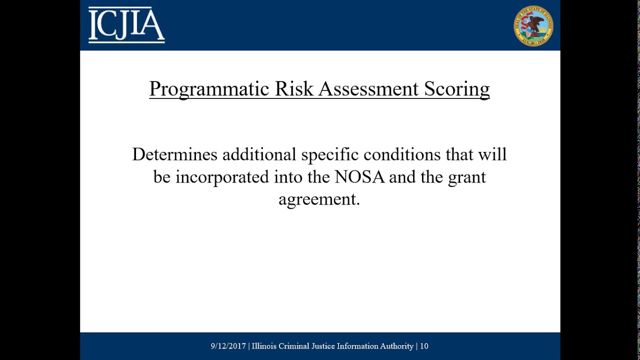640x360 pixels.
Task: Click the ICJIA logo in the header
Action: [x=126, y=25]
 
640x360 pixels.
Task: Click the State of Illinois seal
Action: [x=533, y=26]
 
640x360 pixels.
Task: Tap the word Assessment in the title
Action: [x=368, y=88]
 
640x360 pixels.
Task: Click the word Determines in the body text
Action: [x=174, y=154]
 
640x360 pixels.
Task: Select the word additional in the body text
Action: [x=259, y=154]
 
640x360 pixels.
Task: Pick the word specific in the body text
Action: [x=329, y=154]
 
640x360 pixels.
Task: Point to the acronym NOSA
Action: [x=359, y=177]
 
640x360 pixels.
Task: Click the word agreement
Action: [x=318, y=199]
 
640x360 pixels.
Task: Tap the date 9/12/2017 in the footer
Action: [x=228, y=346]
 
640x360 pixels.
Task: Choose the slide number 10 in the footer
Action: [x=424, y=346]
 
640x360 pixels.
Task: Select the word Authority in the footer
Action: [x=395, y=346]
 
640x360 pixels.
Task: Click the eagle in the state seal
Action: [x=536, y=23]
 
